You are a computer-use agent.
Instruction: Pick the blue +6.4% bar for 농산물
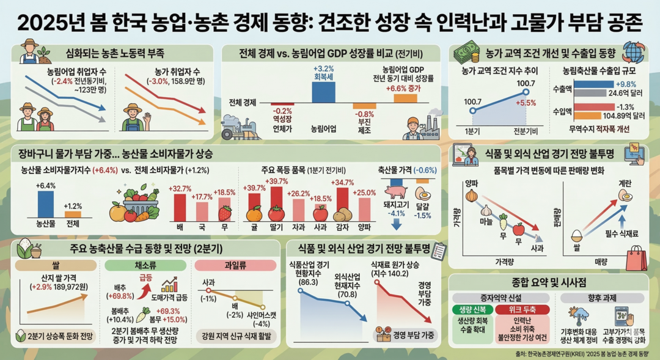coord(46,204)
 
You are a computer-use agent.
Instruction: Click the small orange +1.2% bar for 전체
coord(73,213)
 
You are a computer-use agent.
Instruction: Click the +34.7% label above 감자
coord(342,182)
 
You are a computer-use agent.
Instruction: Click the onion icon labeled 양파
coord(470,196)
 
